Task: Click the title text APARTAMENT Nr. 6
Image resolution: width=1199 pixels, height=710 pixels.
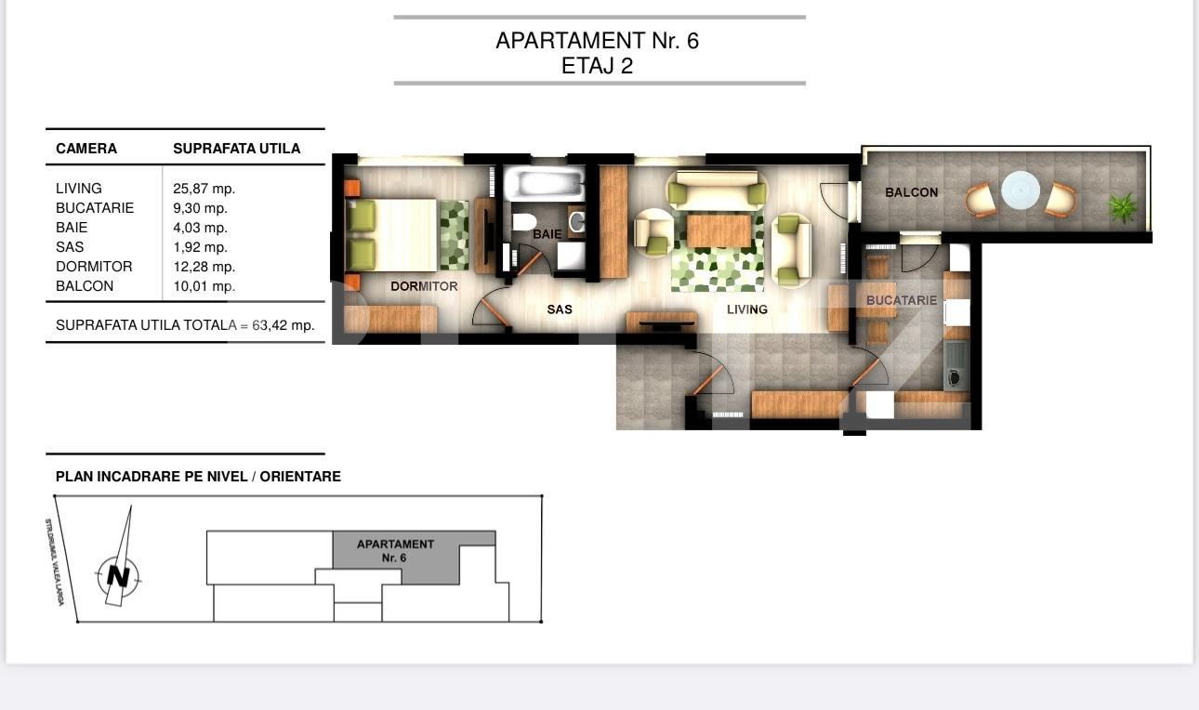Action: tap(597, 41)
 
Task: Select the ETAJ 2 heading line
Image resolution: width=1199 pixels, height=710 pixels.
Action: tap(597, 66)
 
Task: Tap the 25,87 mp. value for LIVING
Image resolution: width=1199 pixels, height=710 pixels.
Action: tap(204, 189)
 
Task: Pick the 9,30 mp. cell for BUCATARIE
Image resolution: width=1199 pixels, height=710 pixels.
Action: tap(200, 208)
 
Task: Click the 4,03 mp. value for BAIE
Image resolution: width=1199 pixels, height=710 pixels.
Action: tap(200, 228)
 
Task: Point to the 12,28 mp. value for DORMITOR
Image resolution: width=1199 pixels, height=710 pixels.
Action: tap(204, 267)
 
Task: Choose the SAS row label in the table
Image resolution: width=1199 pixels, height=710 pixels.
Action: tap(70, 247)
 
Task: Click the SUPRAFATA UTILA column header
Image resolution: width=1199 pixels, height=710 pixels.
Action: tap(236, 149)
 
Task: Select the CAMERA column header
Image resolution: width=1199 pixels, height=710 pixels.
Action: tap(86, 149)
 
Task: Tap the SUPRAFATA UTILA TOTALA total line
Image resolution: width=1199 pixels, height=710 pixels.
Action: tap(185, 325)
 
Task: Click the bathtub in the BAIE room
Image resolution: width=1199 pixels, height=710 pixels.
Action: tap(544, 183)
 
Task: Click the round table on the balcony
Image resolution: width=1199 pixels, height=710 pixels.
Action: tap(1020, 191)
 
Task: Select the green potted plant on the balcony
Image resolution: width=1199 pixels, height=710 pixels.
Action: tap(1123, 206)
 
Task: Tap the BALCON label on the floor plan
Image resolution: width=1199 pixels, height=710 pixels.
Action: tap(911, 192)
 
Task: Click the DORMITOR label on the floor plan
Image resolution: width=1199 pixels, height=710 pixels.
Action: tap(424, 286)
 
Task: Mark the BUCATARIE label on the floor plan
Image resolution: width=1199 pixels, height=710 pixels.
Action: tap(901, 300)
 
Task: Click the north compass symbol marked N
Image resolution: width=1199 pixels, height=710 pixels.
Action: tap(118, 575)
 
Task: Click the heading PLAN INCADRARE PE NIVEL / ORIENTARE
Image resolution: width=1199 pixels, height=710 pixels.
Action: tap(198, 477)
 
